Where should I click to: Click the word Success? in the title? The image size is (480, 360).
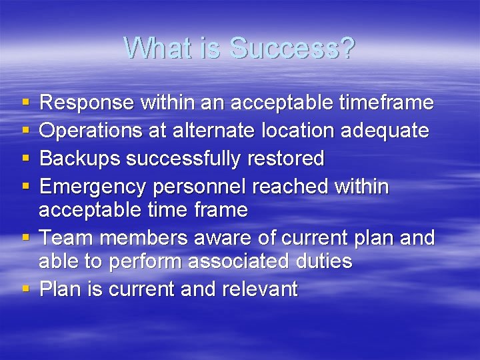292,48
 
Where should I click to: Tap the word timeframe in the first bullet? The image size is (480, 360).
387,103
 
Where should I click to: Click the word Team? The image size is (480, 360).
65,238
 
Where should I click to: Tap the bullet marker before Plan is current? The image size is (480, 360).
25,289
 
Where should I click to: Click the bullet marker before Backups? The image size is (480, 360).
25,159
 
